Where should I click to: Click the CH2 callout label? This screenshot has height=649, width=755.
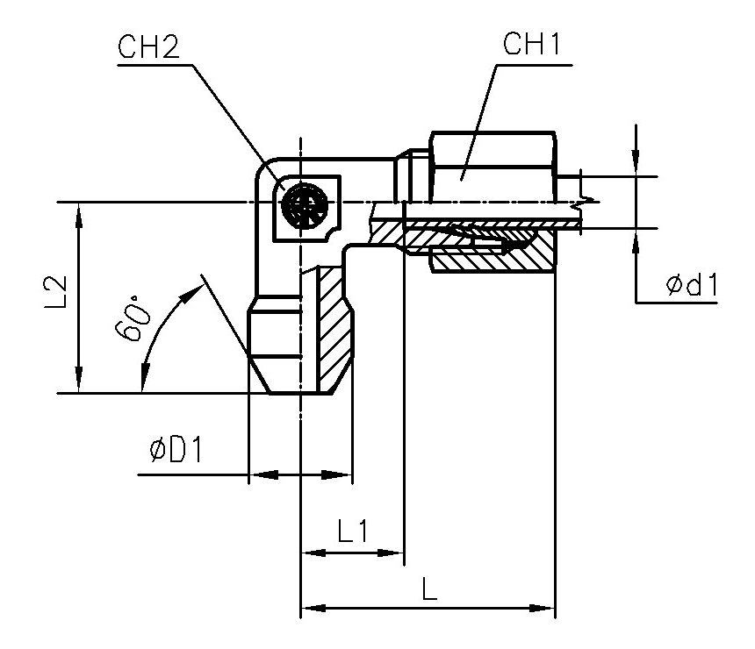(148, 47)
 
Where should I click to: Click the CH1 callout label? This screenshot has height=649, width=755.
(532, 47)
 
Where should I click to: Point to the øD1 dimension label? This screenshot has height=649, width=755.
(176, 451)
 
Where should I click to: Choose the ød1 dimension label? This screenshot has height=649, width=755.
(691, 285)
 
